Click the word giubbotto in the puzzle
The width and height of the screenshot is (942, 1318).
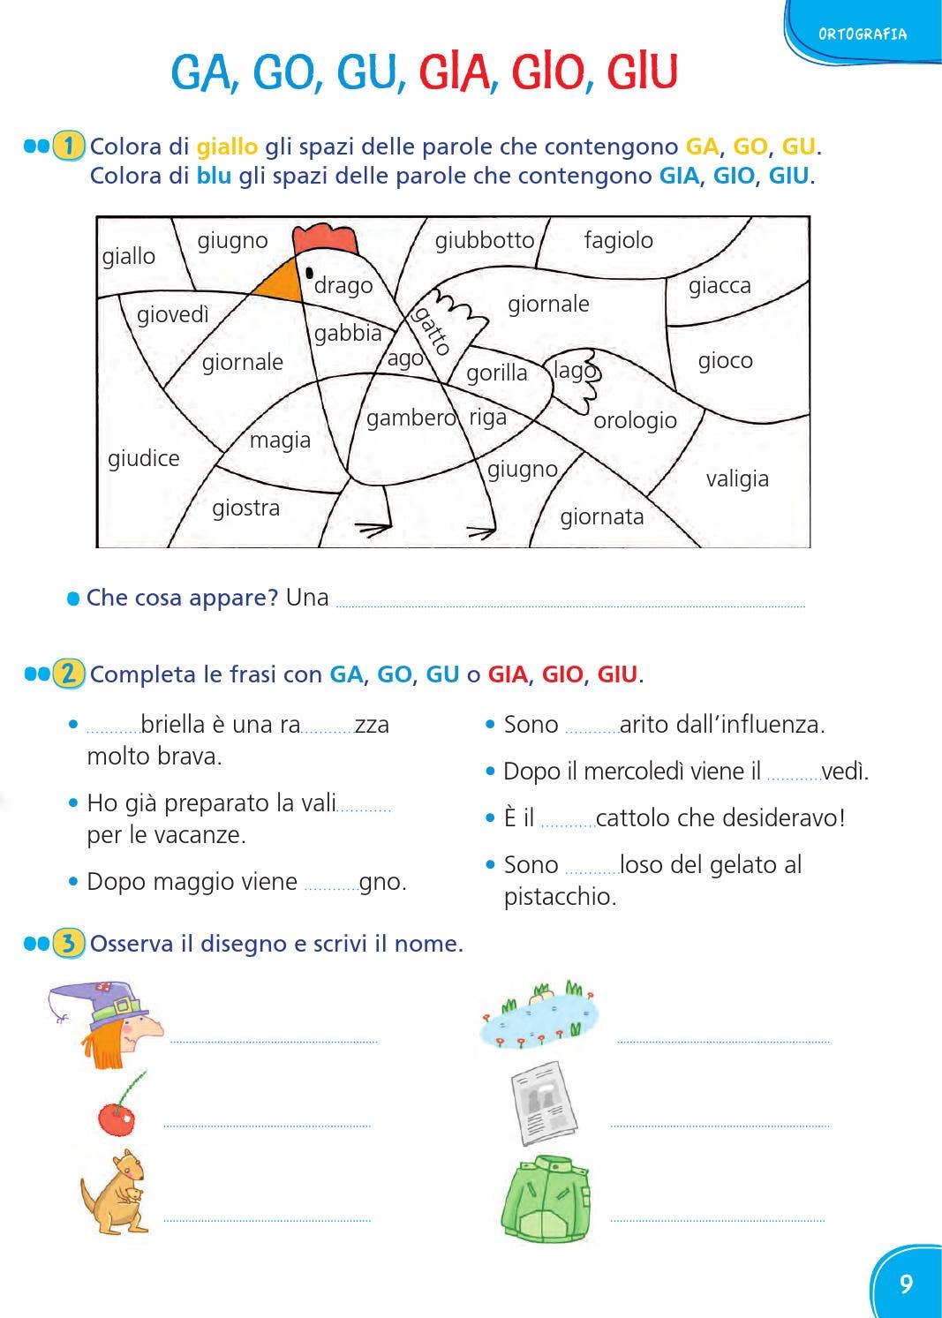485,240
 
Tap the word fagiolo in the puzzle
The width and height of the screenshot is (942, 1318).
618,240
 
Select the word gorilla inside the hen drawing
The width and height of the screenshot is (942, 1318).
496,373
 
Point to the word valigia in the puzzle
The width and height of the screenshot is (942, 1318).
737,478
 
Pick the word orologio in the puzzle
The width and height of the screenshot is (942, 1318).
635,420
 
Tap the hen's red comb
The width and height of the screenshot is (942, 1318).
326,239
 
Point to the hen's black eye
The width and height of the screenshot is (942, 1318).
309,273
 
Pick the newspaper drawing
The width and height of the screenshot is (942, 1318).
543,1103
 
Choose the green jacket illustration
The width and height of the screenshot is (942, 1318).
545,1198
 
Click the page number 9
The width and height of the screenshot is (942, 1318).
906,1284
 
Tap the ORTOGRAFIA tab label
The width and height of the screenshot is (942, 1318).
862,34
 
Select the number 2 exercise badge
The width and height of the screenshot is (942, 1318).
68,674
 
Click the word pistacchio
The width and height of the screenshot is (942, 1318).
560,897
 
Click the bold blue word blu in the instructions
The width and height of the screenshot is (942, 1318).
214,176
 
